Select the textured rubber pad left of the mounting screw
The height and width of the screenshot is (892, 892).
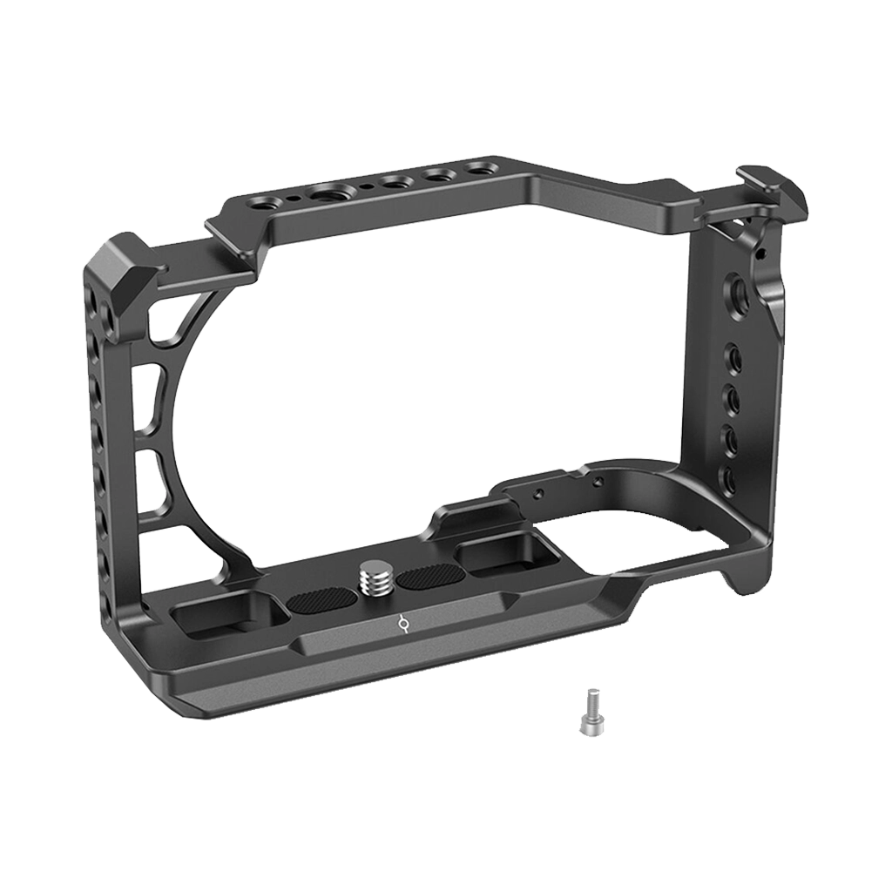coord(320,601)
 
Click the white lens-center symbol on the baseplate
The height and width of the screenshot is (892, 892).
coord(402,624)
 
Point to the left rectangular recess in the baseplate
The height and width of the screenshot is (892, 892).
coord(229,616)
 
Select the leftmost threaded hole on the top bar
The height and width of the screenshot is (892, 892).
coord(260,202)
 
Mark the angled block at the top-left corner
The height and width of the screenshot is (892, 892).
coord(118,262)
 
